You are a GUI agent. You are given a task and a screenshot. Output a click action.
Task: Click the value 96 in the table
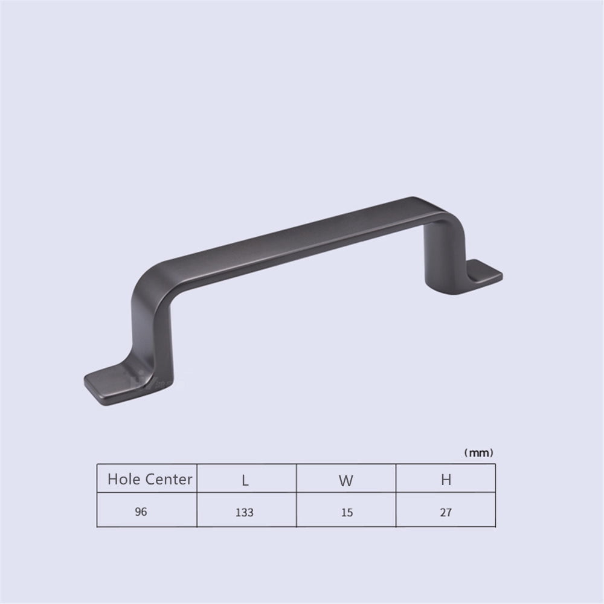[141, 512]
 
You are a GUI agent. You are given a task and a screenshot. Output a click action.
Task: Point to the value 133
[245, 512]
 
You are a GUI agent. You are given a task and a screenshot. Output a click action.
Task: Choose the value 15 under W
[347, 512]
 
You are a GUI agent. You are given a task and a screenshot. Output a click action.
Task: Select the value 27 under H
[446, 512]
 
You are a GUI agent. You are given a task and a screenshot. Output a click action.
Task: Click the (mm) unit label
[478, 452]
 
